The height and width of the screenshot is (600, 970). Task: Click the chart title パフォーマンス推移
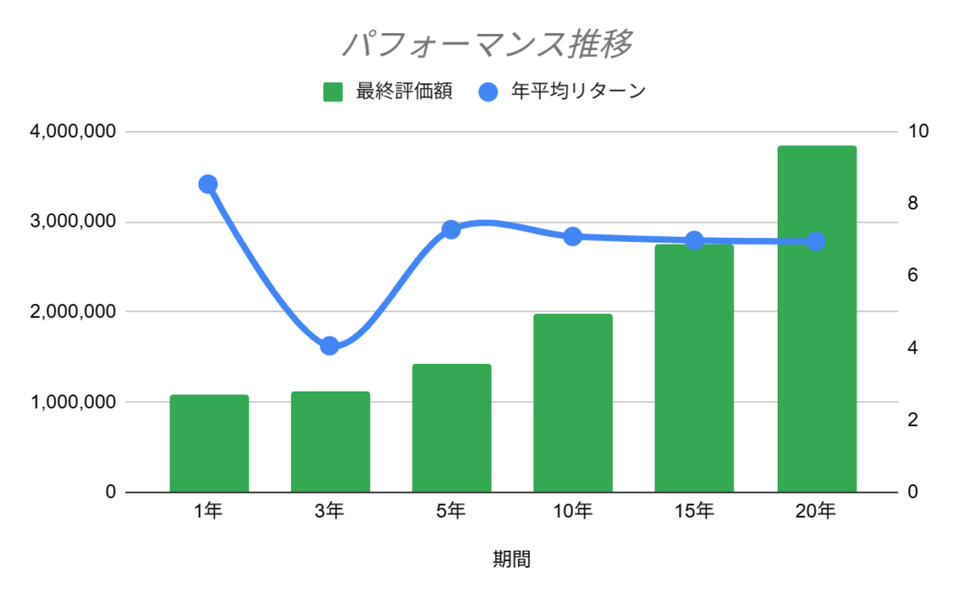click(x=486, y=44)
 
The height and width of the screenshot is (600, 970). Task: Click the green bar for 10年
click(x=572, y=403)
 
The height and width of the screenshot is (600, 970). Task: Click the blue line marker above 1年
click(x=208, y=184)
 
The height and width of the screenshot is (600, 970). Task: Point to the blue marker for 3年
click(x=330, y=346)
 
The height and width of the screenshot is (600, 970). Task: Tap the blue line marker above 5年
click(x=451, y=229)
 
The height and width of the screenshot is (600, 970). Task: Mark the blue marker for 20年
click(x=817, y=242)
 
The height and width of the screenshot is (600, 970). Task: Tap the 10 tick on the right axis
click(x=918, y=132)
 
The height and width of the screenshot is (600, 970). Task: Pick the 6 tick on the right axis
click(x=913, y=276)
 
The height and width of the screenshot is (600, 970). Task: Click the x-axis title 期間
click(x=512, y=558)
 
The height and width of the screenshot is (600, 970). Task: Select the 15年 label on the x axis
click(x=694, y=513)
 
